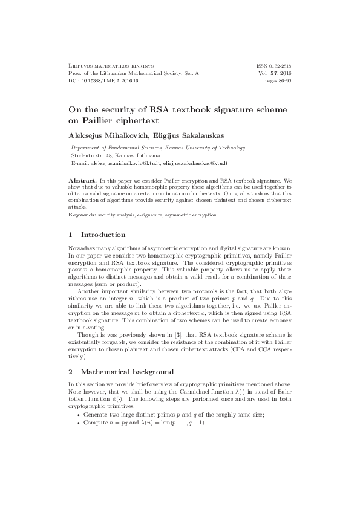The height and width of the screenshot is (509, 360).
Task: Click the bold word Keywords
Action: click(x=80, y=214)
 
